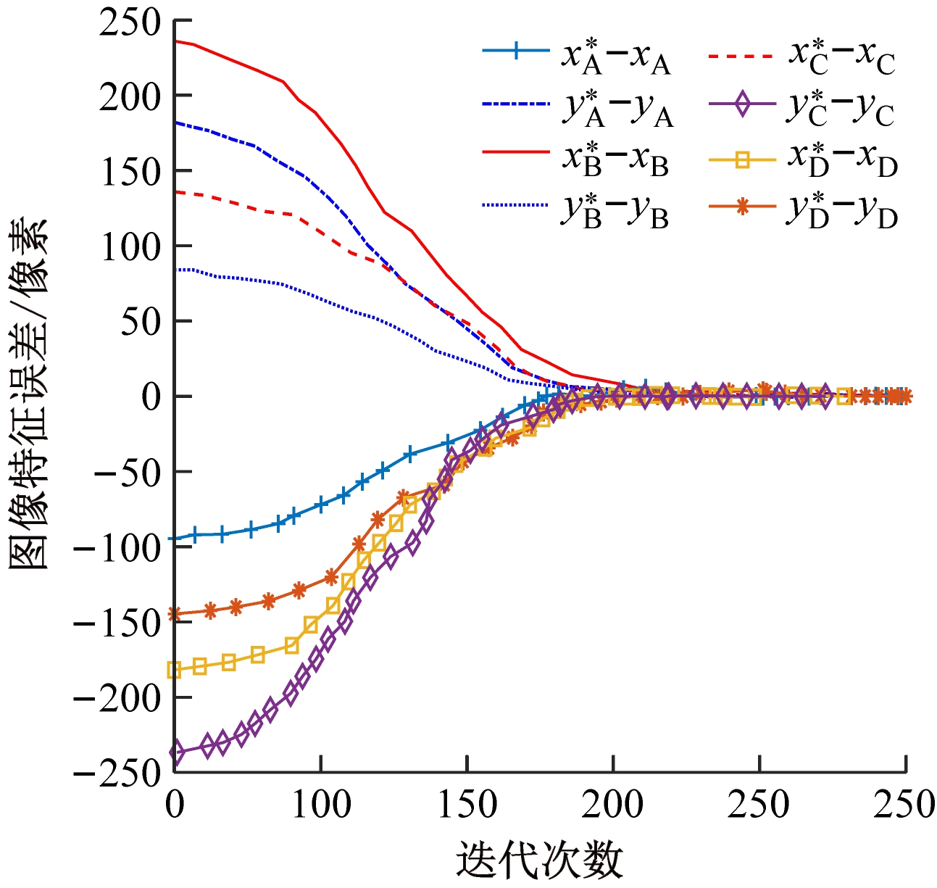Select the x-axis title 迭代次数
[x=540, y=860]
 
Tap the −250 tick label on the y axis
[x=117, y=773]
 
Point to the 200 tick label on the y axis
[x=130, y=96]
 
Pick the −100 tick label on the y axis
[x=117, y=547]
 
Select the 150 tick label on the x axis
[x=467, y=805]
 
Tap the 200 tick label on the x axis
[x=613, y=805]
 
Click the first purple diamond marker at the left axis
[x=175, y=752]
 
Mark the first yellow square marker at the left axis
[x=175, y=670]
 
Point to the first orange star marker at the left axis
[x=175, y=615]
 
